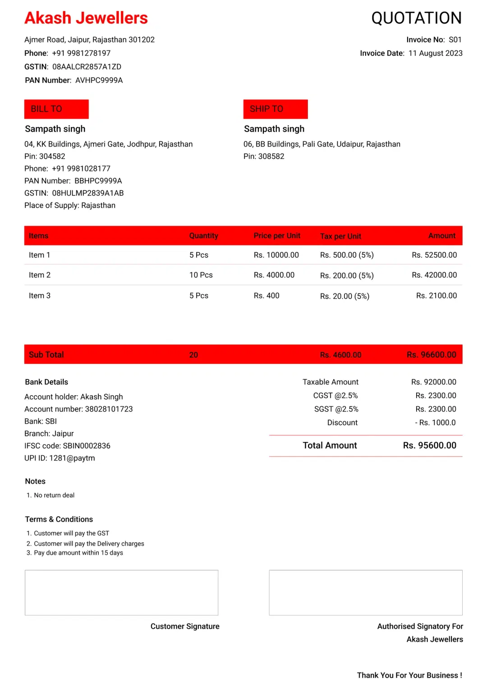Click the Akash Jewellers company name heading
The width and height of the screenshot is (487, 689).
86,18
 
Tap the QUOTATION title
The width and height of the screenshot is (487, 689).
416,18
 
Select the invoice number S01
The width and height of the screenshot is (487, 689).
455,40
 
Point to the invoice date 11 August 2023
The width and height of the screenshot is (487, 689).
435,53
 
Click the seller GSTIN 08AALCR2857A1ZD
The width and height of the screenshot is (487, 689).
87,67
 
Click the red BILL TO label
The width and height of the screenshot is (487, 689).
56,109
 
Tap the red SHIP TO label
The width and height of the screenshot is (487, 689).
275,109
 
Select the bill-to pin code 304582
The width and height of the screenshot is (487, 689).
52,156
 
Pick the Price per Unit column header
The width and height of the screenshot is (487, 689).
277,236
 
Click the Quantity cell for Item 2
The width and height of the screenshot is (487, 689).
201,275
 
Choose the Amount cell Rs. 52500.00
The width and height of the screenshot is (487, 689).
434,255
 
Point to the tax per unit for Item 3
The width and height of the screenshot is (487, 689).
345,296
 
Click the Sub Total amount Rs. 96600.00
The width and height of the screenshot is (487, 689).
431,355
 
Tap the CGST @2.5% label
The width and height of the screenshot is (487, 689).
335,395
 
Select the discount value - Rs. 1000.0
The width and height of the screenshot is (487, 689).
435,422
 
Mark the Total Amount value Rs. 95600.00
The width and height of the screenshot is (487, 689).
429,445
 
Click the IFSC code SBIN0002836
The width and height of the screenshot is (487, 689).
86,445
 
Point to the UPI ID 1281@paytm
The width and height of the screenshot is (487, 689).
72,458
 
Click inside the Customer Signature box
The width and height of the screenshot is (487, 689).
121,592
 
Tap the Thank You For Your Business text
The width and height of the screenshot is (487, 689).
409,675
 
